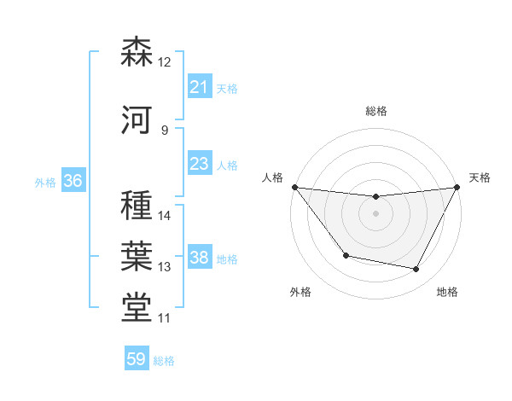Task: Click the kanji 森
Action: (137, 53)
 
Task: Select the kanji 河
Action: (137, 120)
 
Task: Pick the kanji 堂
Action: (137, 308)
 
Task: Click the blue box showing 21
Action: (199, 87)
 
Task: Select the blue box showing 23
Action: (199, 164)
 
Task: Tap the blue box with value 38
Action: (199, 258)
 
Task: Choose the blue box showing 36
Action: (73, 181)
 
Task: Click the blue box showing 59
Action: (137, 359)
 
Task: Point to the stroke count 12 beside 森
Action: (165, 61)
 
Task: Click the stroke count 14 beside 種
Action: (165, 215)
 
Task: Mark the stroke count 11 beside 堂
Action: (165, 318)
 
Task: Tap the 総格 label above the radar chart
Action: (375, 111)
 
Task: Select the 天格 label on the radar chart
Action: (480, 177)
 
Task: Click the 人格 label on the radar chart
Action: (272, 177)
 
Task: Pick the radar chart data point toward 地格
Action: (416, 270)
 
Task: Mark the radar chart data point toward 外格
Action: (346, 255)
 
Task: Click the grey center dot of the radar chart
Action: (375, 213)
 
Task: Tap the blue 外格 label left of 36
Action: (44, 182)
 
